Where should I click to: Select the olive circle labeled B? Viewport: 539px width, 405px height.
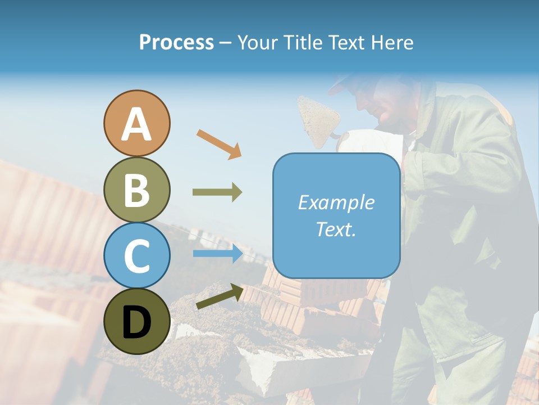[136, 190]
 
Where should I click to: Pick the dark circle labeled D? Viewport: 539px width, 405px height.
[136, 321]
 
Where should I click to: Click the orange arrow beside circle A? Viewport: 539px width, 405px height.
[219, 144]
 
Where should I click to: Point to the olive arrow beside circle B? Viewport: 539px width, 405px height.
[217, 192]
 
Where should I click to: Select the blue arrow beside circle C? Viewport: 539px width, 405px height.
[217, 254]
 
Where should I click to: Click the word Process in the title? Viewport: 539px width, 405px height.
[176, 43]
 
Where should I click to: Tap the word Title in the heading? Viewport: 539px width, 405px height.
[300, 43]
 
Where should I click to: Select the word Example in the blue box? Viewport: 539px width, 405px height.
[336, 202]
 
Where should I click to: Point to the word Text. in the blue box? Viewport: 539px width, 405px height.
[336, 229]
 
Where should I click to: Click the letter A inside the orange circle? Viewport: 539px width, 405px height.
[136, 124]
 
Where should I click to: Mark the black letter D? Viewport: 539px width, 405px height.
[136, 322]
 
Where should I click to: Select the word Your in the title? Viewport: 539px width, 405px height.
[255, 43]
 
